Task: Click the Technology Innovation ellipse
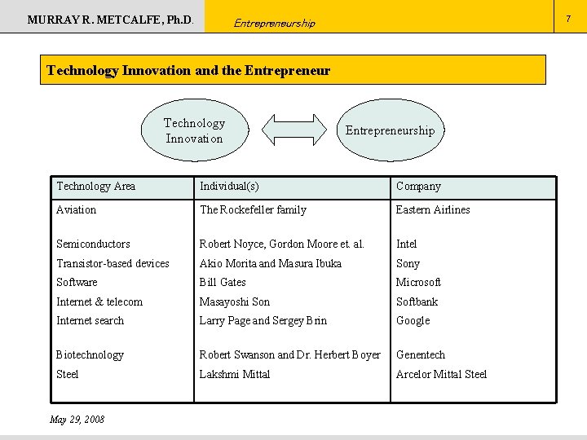point(194,130)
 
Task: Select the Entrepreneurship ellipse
point(390,130)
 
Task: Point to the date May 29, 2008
point(77,420)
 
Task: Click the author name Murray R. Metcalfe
point(111,19)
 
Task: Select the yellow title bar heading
point(188,70)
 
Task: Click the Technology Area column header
point(95,187)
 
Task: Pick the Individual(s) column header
point(229,187)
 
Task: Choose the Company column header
point(418,187)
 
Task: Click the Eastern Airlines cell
point(433,210)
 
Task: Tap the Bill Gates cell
point(223,283)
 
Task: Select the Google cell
point(413,321)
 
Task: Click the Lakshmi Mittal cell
point(235,375)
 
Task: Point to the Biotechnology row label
point(90,355)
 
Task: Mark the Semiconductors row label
point(93,244)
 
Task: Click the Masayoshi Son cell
point(235,302)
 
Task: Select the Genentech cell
point(421,355)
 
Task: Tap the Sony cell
point(408,264)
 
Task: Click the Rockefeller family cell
point(253,210)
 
